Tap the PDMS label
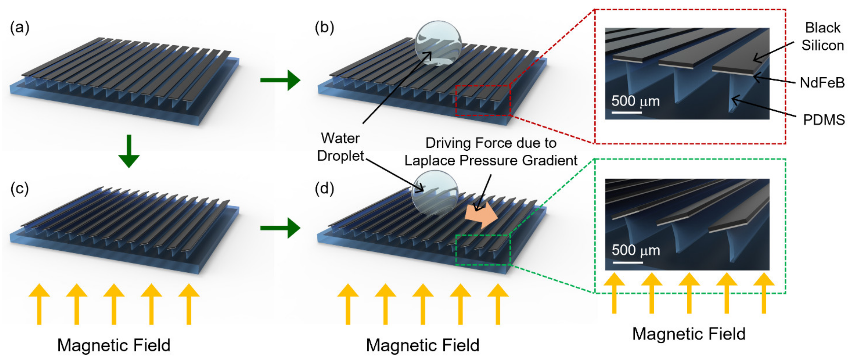(823, 120)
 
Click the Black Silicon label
(822, 37)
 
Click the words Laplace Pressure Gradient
(491, 161)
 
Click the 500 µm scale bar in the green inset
(627, 263)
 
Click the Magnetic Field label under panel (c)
(114, 345)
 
